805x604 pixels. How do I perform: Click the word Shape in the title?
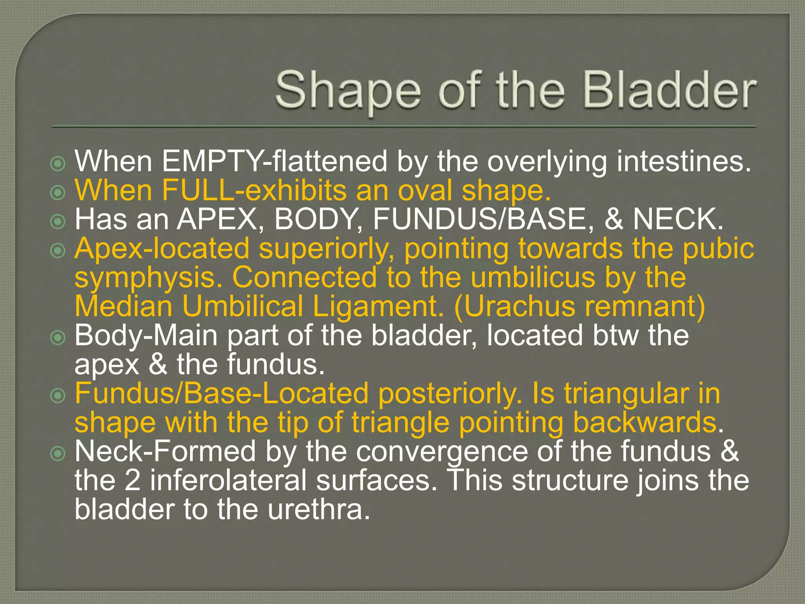tap(348, 91)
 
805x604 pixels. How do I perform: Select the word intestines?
tap(684, 161)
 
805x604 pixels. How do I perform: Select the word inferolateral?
tap(228, 480)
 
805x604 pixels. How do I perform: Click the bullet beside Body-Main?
tap(58, 337)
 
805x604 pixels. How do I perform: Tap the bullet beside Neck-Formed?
tap(58, 453)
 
